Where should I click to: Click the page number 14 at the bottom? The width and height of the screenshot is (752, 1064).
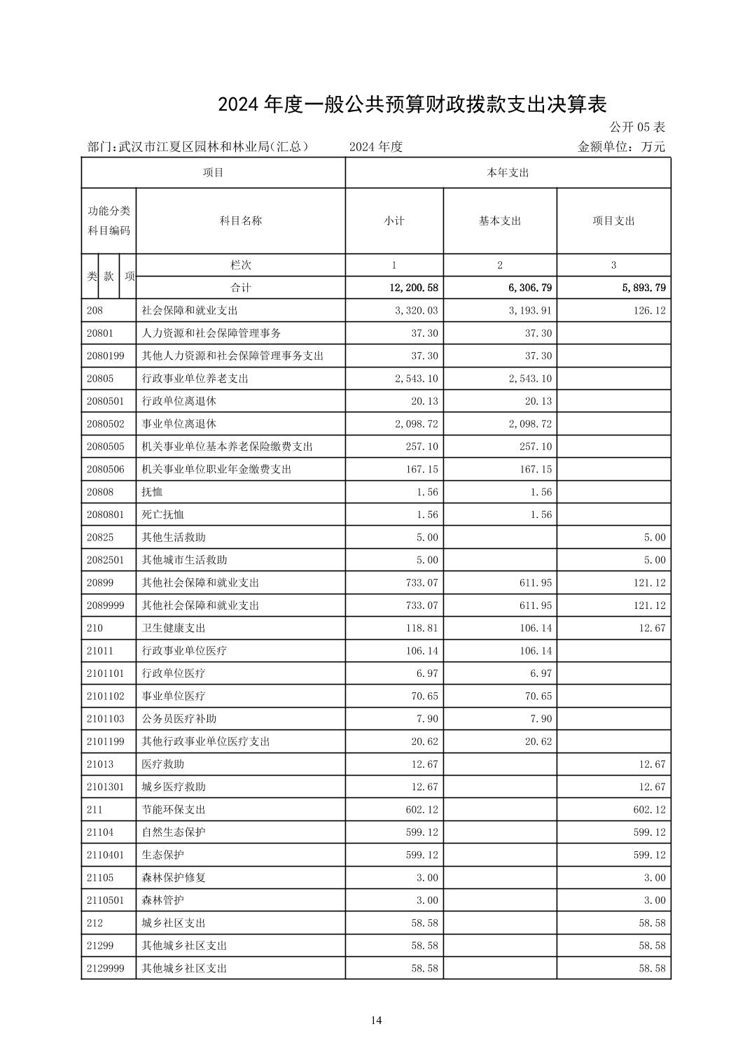(376, 1020)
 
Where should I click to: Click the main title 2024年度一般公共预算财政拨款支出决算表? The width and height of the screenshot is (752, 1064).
(412, 104)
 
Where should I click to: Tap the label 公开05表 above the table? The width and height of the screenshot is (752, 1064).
(636, 127)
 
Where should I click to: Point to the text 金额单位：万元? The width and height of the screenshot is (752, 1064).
(621, 147)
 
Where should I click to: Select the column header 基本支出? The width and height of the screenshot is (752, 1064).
(500, 220)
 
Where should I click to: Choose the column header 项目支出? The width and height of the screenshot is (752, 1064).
(613, 220)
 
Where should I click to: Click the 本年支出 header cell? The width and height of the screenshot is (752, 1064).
(508, 172)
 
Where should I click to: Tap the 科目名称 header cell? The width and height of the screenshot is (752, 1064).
(240, 220)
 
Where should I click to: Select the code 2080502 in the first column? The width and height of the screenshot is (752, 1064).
(105, 423)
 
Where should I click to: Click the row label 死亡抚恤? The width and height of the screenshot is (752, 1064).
(162, 514)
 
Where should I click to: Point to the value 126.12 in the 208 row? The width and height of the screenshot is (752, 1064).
(649, 310)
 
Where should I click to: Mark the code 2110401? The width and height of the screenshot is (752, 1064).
(105, 855)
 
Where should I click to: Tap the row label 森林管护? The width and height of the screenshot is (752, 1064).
(162, 900)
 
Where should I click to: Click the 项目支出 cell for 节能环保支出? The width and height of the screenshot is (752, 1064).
(649, 809)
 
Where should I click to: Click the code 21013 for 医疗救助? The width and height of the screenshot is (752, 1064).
(100, 764)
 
